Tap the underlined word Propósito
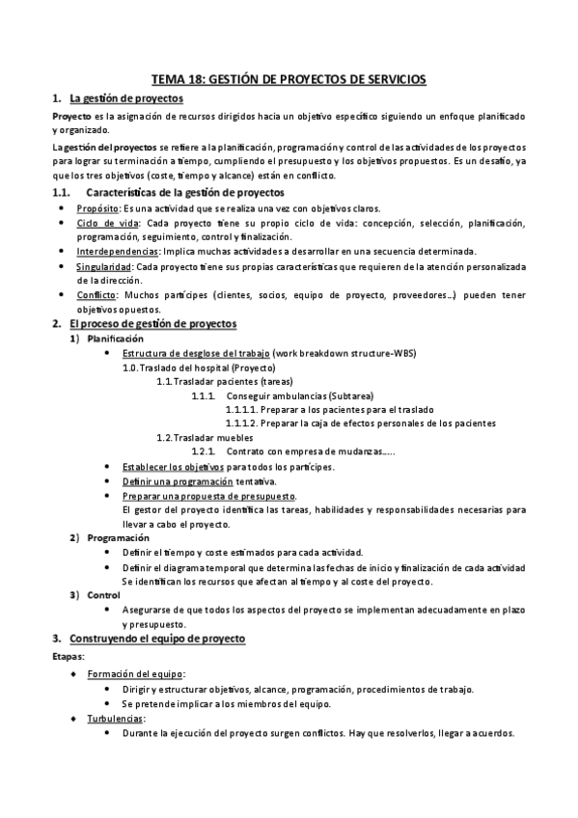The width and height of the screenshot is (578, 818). (98, 209)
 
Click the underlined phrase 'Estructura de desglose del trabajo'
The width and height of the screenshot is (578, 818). (196, 354)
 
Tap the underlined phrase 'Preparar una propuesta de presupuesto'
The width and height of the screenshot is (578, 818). (208, 496)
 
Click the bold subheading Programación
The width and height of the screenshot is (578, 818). (118, 537)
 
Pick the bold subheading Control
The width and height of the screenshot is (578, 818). (103, 594)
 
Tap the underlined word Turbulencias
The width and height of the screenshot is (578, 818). (116, 718)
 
